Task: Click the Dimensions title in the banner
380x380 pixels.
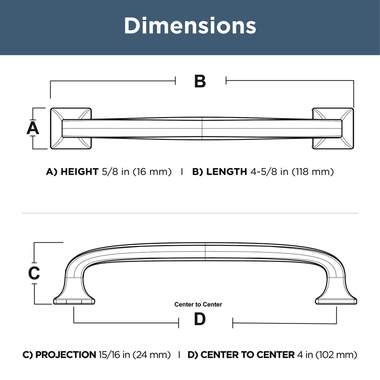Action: [x=190, y=25]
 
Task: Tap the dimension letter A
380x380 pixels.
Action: [x=33, y=128]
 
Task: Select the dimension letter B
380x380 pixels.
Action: [x=200, y=81]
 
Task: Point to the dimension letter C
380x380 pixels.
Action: [x=34, y=273]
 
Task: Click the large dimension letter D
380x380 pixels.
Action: [x=200, y=319]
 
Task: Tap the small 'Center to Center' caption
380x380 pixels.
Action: [x=198, y=304]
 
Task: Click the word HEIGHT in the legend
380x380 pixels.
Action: [x=80, y=171]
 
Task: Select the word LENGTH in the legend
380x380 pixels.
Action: [x=227, y=171]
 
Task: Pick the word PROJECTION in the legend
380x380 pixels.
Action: [x=66, y=355]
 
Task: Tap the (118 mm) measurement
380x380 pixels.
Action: [x=313, y=171]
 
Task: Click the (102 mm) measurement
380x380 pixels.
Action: [x=336, y=355]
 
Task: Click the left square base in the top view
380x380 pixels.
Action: [x=71, y=128]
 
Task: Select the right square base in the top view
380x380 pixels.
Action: [x=333, y=128]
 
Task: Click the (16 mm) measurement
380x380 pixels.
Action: [x=152, y=171]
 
